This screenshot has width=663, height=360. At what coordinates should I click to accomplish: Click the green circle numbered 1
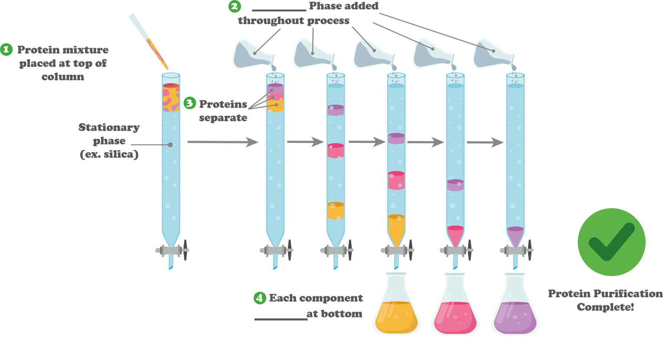pyautogui.click(x=6, y=49)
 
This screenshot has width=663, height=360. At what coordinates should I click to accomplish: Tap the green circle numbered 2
pyautogui.click(x=235, y=7)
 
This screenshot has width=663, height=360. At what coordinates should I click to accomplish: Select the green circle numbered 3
pyautogui.click(x=189, y=103)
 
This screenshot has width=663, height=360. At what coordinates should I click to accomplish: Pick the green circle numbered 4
pyautogui.click(x=259, y=298)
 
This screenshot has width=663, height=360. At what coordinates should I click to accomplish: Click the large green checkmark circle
pyautogui.click(x=611, y=242)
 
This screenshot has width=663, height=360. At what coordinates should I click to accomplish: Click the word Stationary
pyautogui.click(x=109, y=128)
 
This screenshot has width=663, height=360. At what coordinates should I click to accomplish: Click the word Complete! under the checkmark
pyautogui.click(x=605, y=307)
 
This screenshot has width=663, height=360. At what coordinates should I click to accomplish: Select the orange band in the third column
pyautogui.click(x=336, y=211)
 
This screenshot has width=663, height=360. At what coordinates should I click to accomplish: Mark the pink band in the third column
pyautogui.click(x=336, y=151)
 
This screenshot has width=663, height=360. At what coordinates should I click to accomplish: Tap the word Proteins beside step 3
pyautogui.click(x=223, y=104)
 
